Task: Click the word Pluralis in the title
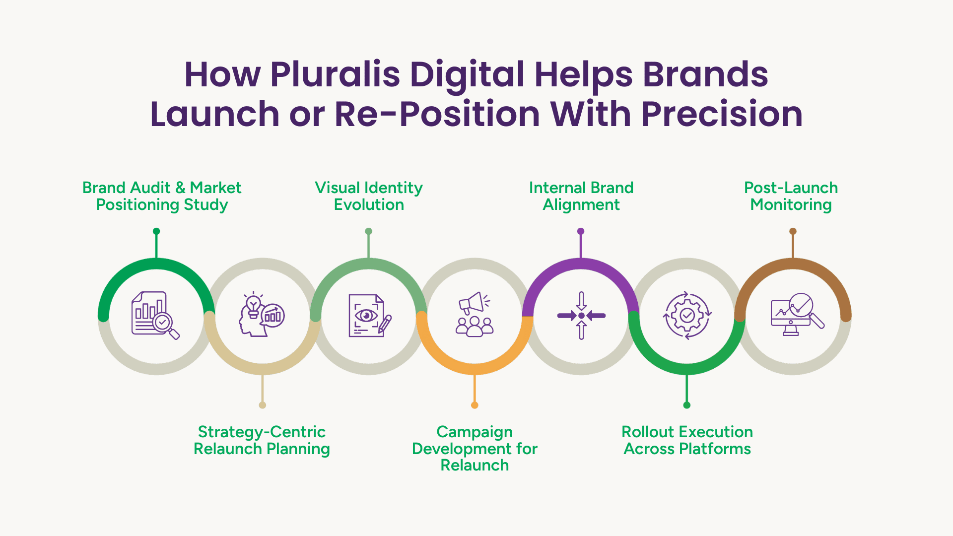pos(335,74)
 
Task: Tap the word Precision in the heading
pos(722,114)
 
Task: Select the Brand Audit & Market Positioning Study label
pos(162,196)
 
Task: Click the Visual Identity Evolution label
pos(369,196)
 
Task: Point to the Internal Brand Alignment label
pos(581,196)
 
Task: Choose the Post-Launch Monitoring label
pos(791,196)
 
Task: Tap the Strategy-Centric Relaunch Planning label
pos(262,440)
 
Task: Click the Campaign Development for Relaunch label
pos(475,448)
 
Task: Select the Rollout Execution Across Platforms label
pos(687,440)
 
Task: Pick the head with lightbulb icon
pos(262,315)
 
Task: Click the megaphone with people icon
pos(475,315)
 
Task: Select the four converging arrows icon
pos(581,316)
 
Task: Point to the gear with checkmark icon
pos(687,316)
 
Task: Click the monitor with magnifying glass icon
pos(797,315)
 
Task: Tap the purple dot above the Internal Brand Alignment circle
pos(581,231)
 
